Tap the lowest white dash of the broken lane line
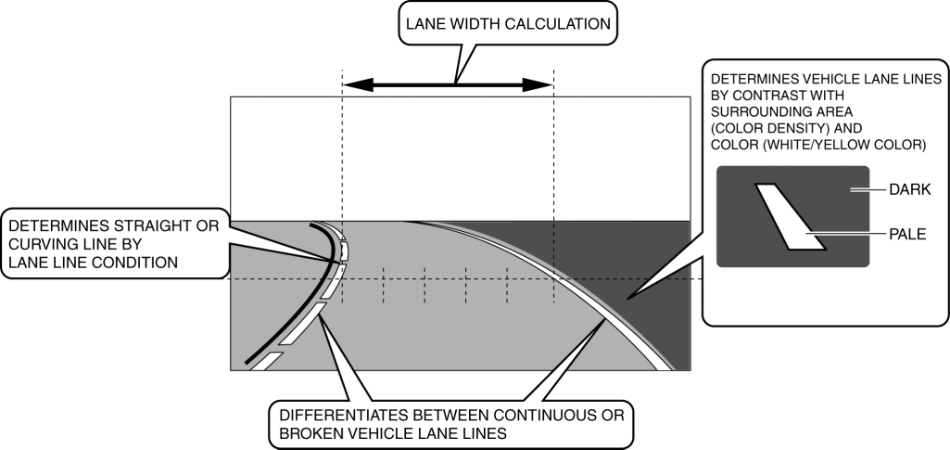pos(268,361)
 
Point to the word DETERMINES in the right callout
pos(747,80)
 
